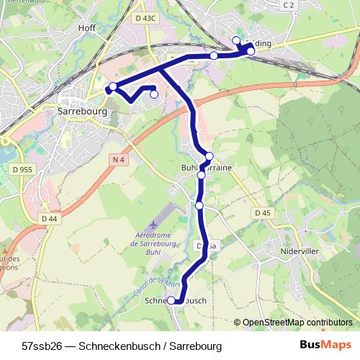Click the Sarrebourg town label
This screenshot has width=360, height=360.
tap(81, 112)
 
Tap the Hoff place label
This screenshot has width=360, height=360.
tap(87, 28)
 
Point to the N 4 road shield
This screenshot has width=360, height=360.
tap(119, 158)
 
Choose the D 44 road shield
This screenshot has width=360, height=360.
tap(49, 218)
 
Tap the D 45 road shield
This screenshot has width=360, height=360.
tap(262, 213)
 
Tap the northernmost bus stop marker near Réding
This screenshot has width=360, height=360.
tap(236, 40)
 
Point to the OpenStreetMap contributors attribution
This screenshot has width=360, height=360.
tap(297, 323)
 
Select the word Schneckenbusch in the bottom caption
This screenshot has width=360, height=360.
tap(114, 346)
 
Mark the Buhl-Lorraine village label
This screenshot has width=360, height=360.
tap(206, 166)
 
